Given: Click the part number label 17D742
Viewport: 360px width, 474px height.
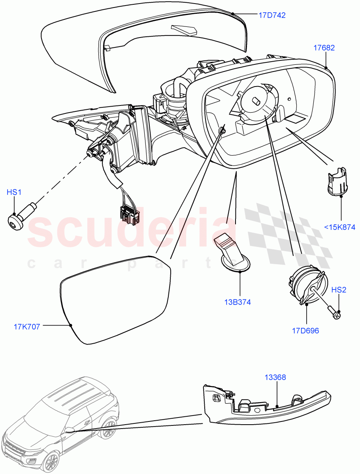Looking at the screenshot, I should pyautogui.click(x=272, y=15).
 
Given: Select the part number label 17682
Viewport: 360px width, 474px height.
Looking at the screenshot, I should pyautogui.click(x=324, y=48).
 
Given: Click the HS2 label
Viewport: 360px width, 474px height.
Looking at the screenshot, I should pyautogui.click(x=339, y=290).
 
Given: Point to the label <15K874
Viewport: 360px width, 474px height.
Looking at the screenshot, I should pyautogui.click(x=339, y=227).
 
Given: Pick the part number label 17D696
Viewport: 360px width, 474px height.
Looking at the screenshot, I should pyautogui.click(x=305, y=331).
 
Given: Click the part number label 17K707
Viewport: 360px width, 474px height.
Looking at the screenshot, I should pyautogui.click(x=27, y=327).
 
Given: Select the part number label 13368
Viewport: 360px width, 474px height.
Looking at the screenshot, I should pyautogui.click(x=275, y=378).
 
